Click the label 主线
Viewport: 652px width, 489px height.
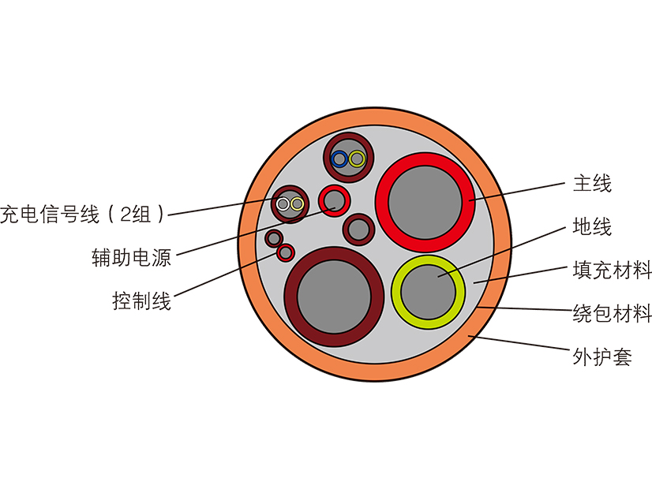tap(592, 185)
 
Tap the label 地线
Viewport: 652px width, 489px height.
tap(592, 228)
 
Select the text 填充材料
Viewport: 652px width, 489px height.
tap(612, 271)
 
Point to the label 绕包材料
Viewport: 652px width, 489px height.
tap(612, 314)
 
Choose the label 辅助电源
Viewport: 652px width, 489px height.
tap(131, 258)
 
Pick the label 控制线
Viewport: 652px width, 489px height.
tap(141, 301)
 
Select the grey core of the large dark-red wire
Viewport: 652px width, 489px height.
tap(334, 296)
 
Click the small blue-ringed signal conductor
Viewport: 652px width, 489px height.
tap(339, 159)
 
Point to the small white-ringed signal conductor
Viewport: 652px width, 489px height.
tap(283, 204)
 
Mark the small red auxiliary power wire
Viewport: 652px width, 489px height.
tap(334, 198)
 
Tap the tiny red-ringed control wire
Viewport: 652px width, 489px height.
tap(286, 252)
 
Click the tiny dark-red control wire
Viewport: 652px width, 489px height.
tap(274, 237)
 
